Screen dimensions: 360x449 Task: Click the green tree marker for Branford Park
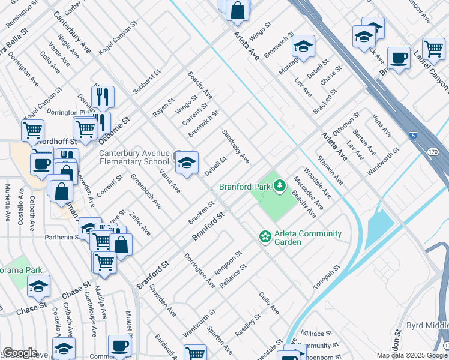pyautogui.click(x=279, y=186)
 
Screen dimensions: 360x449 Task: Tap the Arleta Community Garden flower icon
pyautogui.click(x=265, y=238)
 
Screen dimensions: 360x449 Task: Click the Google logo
pyautogui.click(x=19, y=353)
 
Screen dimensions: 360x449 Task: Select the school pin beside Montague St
pyautogui.click(x=304, y=46)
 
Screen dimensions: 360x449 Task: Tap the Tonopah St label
pyautogui.click(x=328, y=277)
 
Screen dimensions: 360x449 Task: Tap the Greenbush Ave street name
pyautogui.click(x=146, y=191)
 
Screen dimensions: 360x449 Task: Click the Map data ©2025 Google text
pyautogui.click(x=411, y=355)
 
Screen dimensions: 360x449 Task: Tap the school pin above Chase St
pyautogui.click(x=39, y=286)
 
